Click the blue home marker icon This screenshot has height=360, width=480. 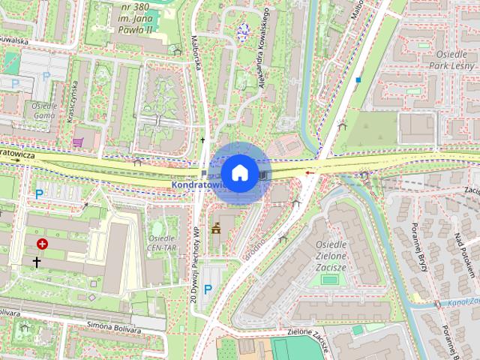tap(238, 172)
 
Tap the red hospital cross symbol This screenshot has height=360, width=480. tap(42, 244)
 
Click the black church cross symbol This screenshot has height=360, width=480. tap(37, 262)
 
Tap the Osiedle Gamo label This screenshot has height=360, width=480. tap(44, 112)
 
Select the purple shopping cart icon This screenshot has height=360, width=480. tap(77, 141)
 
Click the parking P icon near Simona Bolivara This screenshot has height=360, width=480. tap(208, 288)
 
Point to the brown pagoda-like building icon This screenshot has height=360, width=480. tap(216, 227)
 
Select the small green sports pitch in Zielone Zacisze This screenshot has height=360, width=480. tap(328, 279)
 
